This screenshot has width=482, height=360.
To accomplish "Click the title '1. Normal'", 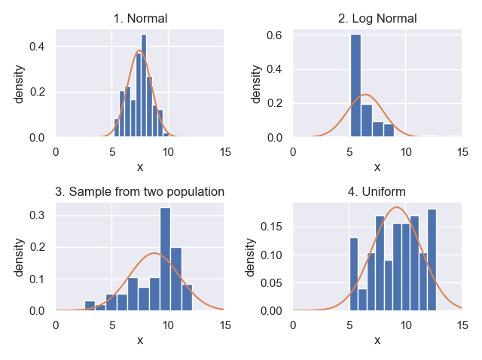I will point(140,18).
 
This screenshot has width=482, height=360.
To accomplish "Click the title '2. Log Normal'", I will point(377,18).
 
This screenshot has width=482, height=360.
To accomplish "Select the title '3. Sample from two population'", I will point(140,191).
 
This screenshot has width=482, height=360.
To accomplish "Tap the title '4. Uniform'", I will point(377,191).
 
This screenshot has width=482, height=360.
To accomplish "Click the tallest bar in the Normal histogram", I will point(144,87).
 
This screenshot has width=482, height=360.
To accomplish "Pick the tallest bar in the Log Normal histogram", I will point(355,87).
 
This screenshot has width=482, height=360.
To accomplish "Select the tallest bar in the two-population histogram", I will point(165,259).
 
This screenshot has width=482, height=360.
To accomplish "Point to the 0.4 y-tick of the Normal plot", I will point(37,47).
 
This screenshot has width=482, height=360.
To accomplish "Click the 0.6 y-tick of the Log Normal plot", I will point(274,35).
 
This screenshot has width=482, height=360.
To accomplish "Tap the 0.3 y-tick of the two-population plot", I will point(37,215).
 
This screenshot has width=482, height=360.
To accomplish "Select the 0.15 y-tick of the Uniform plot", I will point(269,227).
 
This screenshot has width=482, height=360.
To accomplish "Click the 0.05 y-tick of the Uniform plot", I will point(269,283).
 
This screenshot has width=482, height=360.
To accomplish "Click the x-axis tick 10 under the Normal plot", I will point(169,151).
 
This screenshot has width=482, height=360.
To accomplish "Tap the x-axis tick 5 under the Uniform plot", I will point(349,324).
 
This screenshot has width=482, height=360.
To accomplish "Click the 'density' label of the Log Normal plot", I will point(257,84).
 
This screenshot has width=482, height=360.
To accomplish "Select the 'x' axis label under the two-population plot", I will point(140,340).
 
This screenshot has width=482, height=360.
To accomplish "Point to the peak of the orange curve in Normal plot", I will point(139,51).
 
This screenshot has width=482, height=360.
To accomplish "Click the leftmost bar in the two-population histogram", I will point(90,306).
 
